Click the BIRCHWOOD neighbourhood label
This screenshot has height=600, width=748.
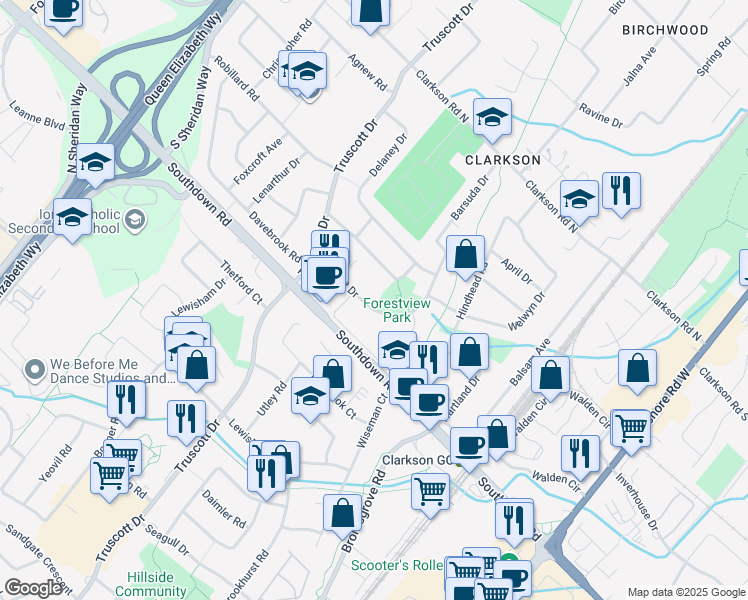664,30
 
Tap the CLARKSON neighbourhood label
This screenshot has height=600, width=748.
501,159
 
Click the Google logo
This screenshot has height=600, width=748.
32,588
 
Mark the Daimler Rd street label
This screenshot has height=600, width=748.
223,508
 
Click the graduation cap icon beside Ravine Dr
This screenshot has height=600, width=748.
492,117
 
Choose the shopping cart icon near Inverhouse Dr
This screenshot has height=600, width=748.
631,427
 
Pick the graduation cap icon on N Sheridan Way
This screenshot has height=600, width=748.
95,162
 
